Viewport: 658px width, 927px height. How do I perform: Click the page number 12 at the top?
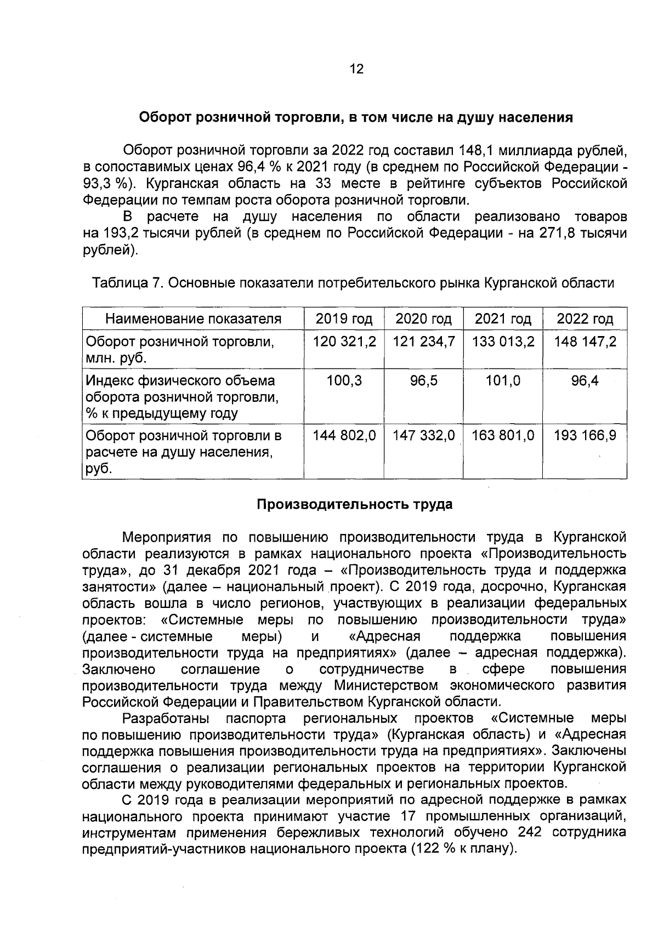pos(356,69)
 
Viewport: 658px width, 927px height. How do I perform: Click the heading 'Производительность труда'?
pos(355,504)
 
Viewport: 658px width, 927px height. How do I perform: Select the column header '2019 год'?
pos(344,319)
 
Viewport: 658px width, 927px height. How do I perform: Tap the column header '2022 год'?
pos(585,319)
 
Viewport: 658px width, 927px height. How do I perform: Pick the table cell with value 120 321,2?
pos(344,342)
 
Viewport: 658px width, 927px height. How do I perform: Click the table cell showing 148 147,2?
pos(585,342)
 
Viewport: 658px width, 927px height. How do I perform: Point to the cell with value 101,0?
pos(503,380)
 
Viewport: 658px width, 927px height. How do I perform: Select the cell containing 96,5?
pos(424,380)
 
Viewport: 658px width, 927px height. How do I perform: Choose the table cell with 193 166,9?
pos(585,436)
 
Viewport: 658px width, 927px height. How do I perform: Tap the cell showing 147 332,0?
pos(424,436)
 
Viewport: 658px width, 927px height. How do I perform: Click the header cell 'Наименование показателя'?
pos(193,319)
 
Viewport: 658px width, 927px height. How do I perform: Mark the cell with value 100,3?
pos(344,380)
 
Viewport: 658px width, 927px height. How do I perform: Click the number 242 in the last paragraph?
pos(529,848)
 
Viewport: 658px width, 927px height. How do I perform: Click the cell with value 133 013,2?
pos(503,342)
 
